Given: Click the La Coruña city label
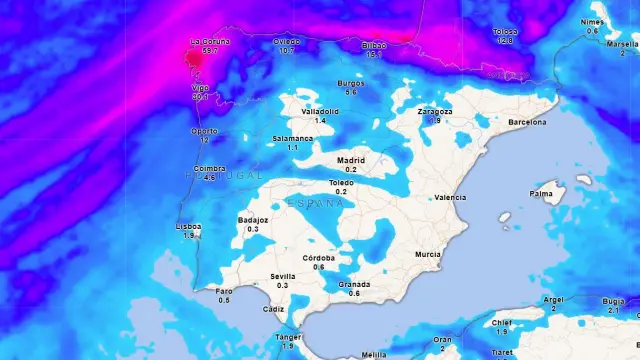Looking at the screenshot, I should click(209, 42).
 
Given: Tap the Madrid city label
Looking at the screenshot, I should click(351, 160).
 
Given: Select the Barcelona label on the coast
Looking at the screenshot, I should click(527, 122).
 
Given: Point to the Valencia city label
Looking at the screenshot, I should click(450, 197).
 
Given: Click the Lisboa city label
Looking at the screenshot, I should click(188, 226).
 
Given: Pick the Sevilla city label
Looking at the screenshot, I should click(283, 276).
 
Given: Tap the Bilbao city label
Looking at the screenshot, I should click(374, 45).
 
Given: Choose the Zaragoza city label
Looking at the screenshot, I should click(435, 111).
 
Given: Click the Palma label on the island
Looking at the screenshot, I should click(541, 193).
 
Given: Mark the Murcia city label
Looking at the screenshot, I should click(428, 254).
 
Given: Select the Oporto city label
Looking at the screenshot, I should click(204, 131).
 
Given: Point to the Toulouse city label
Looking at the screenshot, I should click(504, 32).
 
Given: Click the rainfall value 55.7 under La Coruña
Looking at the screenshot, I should click(209, 50).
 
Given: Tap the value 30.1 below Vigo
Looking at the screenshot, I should click(201, 97).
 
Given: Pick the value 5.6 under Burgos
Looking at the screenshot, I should click(351, 92).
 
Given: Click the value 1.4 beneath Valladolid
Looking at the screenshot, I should click(320, 120).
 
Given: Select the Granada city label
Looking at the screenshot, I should click(354, 284).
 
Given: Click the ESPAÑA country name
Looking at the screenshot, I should click(315, 203).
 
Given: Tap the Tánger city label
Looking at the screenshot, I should click(287, 337).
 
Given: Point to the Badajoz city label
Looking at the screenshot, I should click(253, 220).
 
